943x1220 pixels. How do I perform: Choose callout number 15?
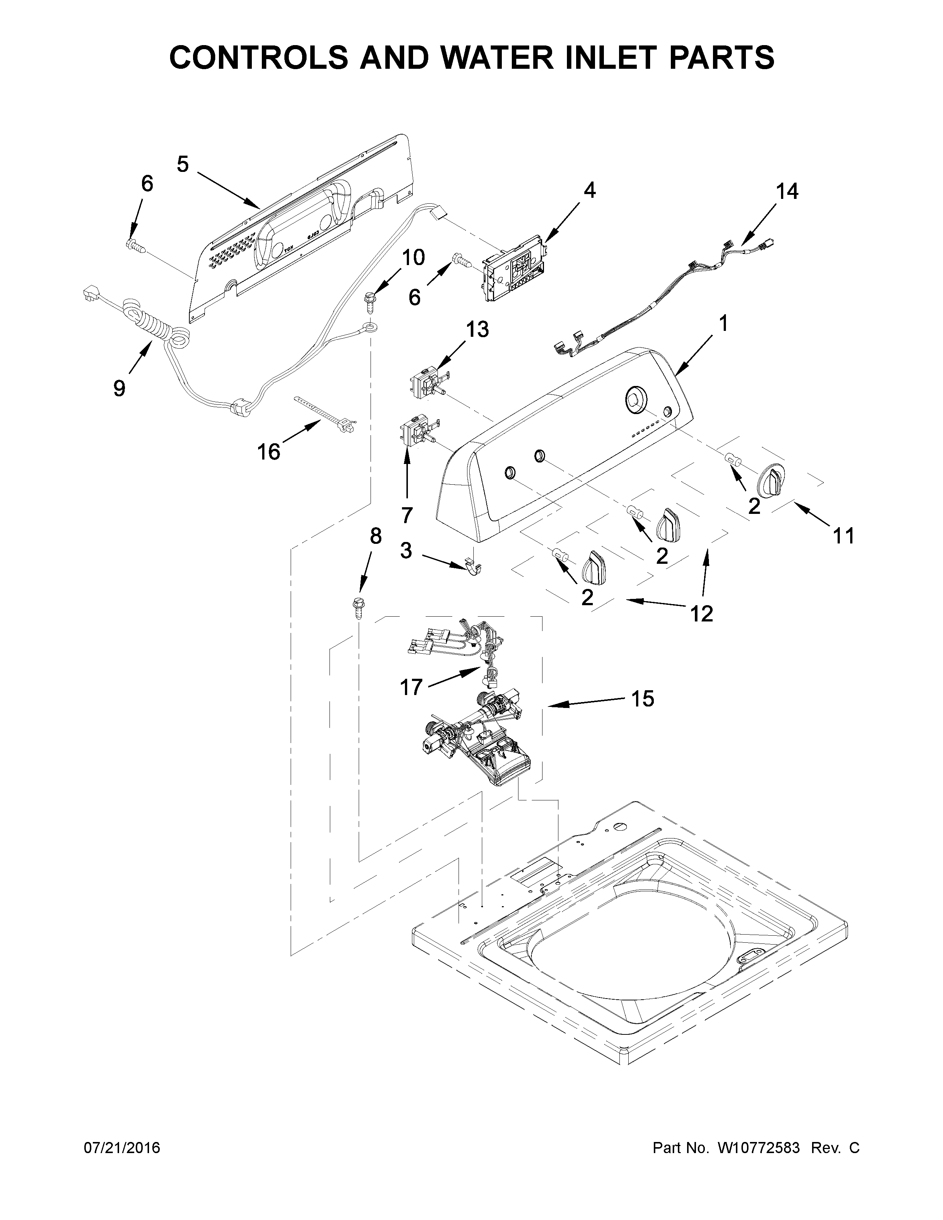point(642,698)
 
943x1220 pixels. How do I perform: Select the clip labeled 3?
point(474,569)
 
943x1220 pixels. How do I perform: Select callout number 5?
point(183,164)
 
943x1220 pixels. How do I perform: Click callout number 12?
point(702,613)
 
